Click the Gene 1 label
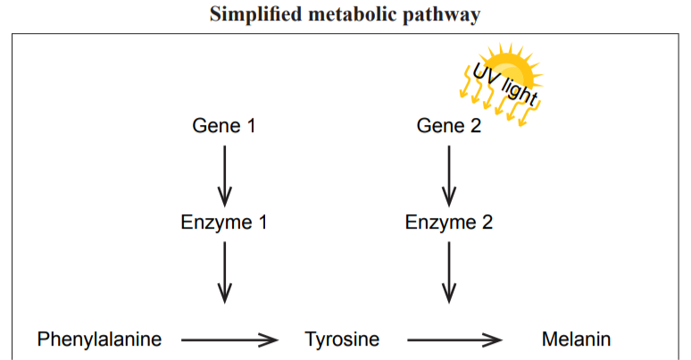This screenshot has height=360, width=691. tap(224, 126)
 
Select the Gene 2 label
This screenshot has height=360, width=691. tap(449, 126)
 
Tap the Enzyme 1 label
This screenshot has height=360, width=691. tap(224, 222)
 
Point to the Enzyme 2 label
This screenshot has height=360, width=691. tap(449, 222)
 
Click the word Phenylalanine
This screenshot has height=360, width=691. tap(99, 339)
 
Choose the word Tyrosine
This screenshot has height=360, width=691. tap(342, 339)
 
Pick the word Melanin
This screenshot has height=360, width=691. tap(576, 339)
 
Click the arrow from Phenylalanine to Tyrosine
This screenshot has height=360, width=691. tap(229, 339)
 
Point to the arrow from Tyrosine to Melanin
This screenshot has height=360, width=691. tap(455, 339)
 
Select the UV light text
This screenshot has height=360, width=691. tap(504, 86)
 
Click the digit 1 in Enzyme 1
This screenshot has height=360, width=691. tap(262, 222)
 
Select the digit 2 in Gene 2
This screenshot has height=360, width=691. tap(476, 126)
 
